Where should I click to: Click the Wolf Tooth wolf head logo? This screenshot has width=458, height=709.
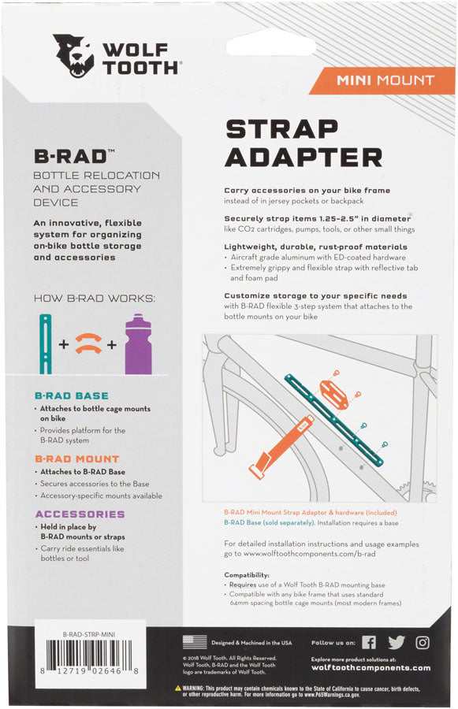pos(73,56)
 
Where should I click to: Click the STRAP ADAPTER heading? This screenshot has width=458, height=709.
pos(303,143)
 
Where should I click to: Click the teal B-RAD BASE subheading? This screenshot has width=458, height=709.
pos(72,395)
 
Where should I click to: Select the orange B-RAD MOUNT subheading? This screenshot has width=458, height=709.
pos(77,458)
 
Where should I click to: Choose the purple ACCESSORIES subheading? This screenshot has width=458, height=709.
pos(80,514)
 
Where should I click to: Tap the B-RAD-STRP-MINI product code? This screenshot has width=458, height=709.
pos(93,633)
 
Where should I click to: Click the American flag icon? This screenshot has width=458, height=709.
pos(194,641)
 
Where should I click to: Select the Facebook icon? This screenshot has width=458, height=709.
pos(369,642)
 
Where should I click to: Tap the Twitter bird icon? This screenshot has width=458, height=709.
pos(397,642)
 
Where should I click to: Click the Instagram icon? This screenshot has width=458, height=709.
pos(423,642)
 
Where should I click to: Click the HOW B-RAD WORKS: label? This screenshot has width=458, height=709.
pos(95,299)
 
